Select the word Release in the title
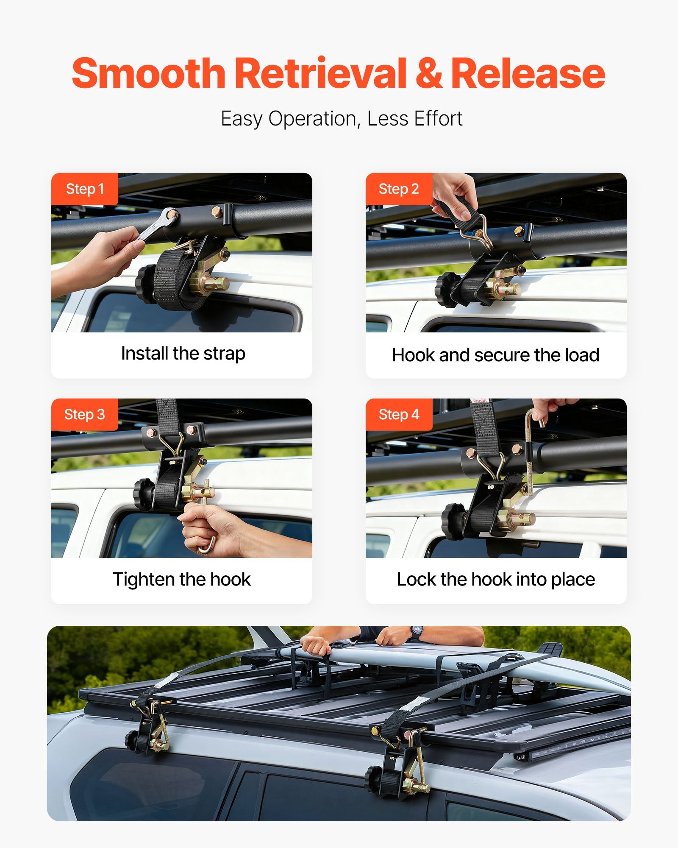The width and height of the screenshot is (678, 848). point(528,73)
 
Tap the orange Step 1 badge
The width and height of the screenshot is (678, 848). point(85,189)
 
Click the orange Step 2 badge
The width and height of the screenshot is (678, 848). point(399,189)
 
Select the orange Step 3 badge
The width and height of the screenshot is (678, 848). point(85,415)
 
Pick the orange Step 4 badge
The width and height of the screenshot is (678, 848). point(399,415)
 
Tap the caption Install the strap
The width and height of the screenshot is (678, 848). point(183,354)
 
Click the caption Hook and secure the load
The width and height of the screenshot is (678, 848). point(495,355)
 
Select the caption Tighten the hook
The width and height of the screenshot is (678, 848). point(182,580)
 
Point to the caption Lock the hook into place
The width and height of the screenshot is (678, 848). point(496,580)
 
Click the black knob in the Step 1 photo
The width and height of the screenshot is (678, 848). point(145,284)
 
